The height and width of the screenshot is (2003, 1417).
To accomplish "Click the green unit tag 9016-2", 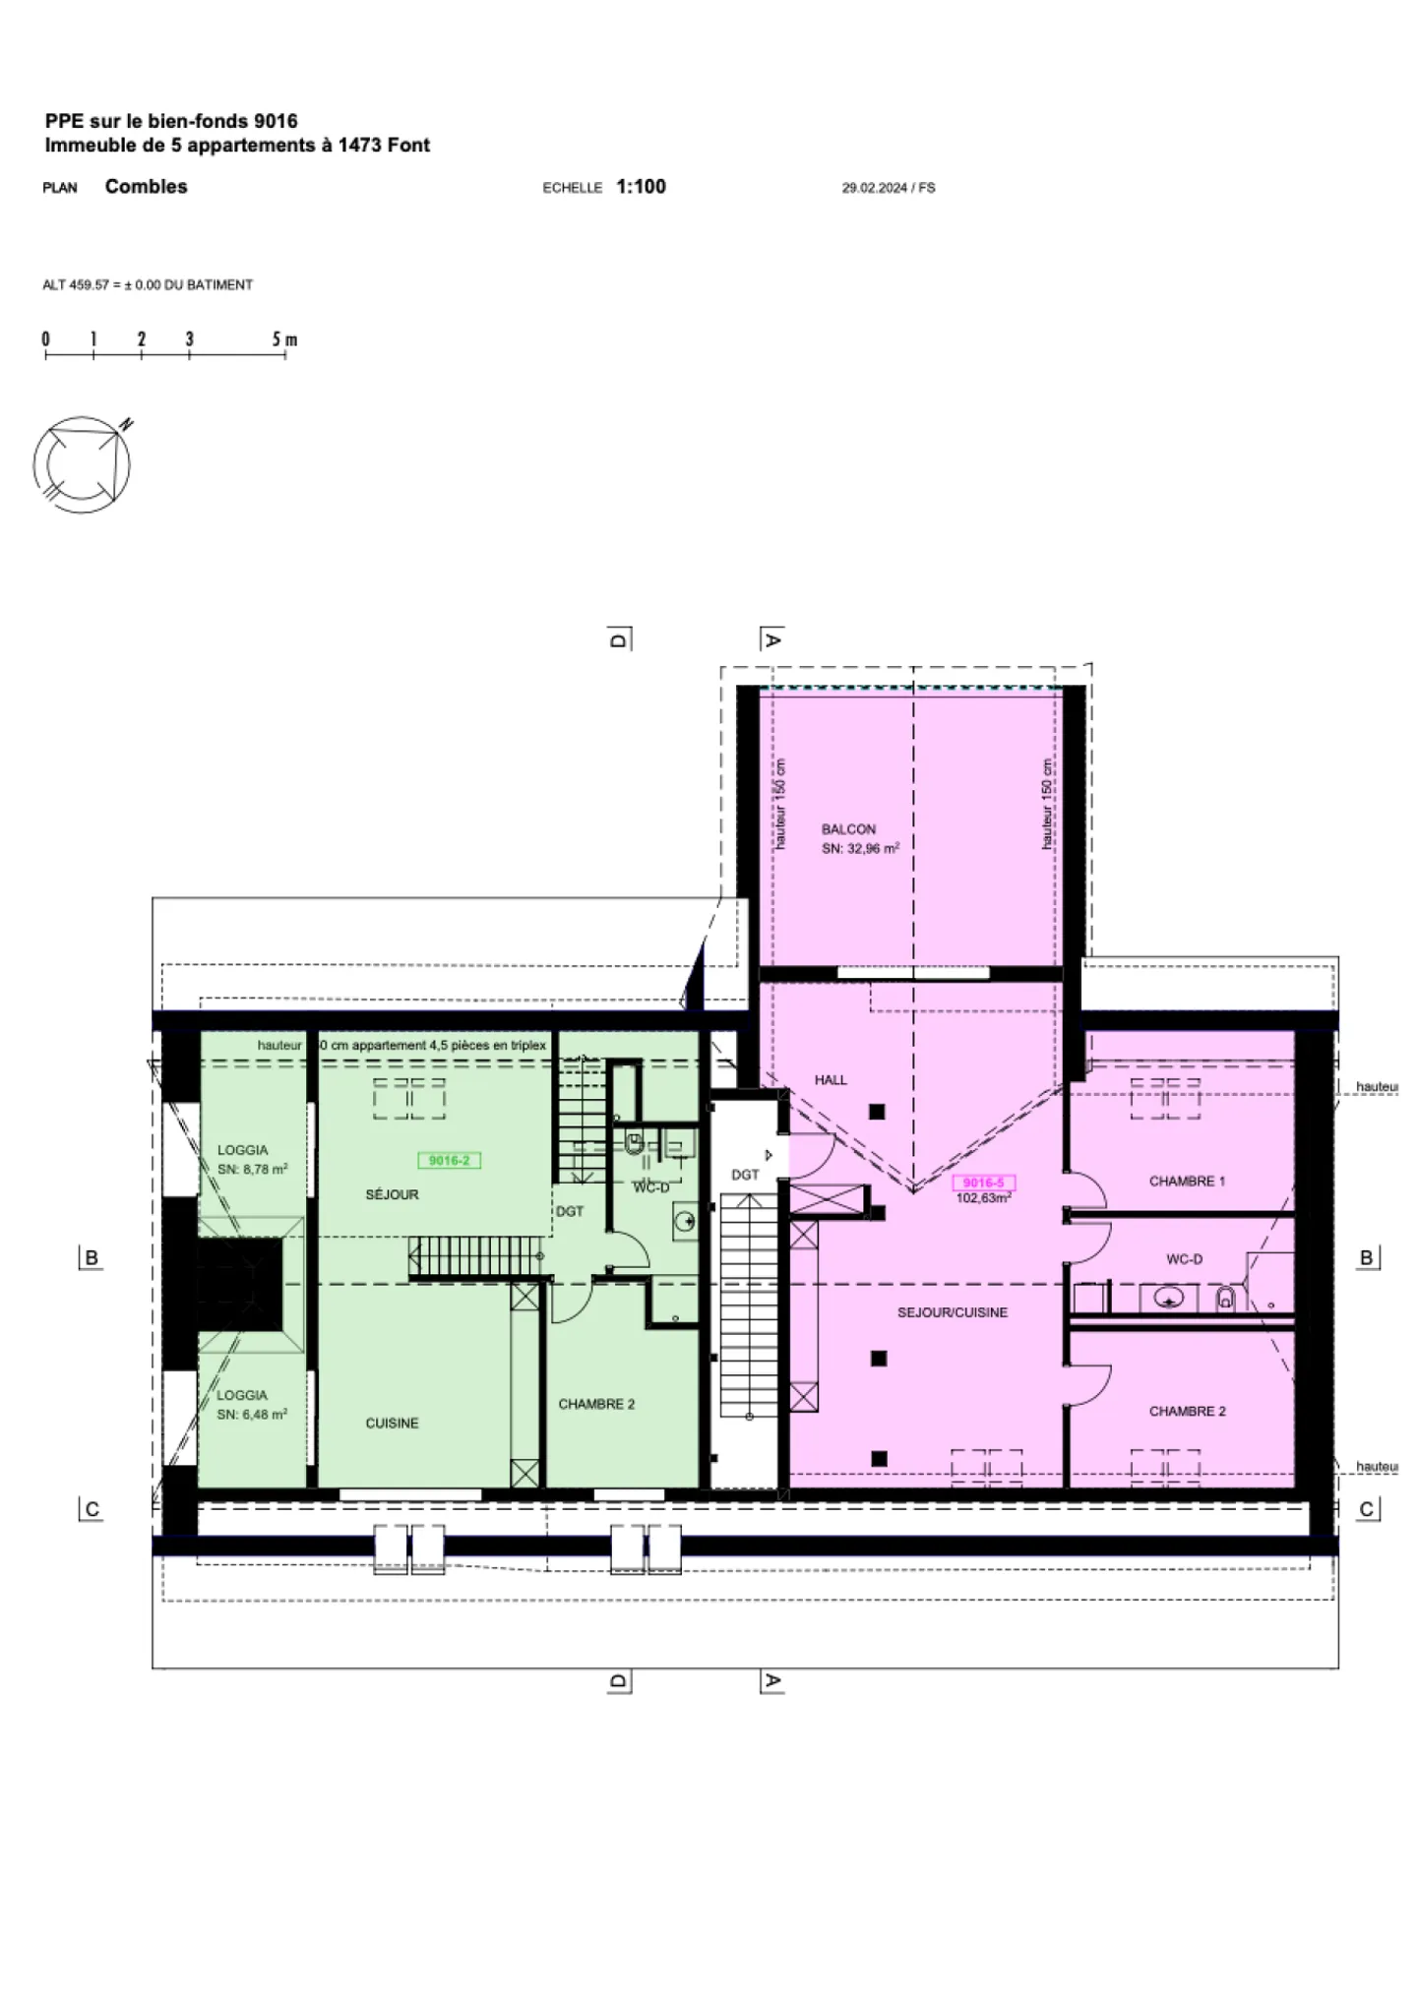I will tap(449, 1161).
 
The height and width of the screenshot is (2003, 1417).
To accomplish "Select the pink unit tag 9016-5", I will tap(983, 1183).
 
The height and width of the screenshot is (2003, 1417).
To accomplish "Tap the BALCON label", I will tap(848, 829).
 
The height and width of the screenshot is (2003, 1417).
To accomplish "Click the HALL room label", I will tap(831, 1079).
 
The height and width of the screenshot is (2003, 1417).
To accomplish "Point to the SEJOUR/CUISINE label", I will tap(952, 1312).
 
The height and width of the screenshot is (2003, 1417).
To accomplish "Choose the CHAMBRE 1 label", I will tap(1187, 1181).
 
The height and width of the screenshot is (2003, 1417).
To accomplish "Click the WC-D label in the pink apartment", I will tap(1184, 1259).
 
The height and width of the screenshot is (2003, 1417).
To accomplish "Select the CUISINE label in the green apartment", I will tap(392, 1423).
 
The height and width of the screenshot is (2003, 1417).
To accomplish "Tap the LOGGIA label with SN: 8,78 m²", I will tap(242, 1149).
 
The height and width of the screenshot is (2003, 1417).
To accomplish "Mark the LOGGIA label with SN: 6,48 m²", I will tap(242, 1395).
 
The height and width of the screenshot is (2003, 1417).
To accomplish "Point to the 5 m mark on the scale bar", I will tap(284, 340).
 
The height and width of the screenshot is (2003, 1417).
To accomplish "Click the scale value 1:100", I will tap(641, 187).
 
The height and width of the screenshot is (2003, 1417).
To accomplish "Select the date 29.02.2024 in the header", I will tap(874, 188).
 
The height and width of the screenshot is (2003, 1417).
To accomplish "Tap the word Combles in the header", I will tap(146, 187).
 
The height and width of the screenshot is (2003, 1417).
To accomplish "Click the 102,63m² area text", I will tap(983, 1198).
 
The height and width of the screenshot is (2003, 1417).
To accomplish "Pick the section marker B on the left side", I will tap(92, 1257).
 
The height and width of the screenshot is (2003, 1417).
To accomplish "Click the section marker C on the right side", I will tap(1366, 1509).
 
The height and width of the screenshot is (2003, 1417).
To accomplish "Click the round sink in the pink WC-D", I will tap(1169, 1300).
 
